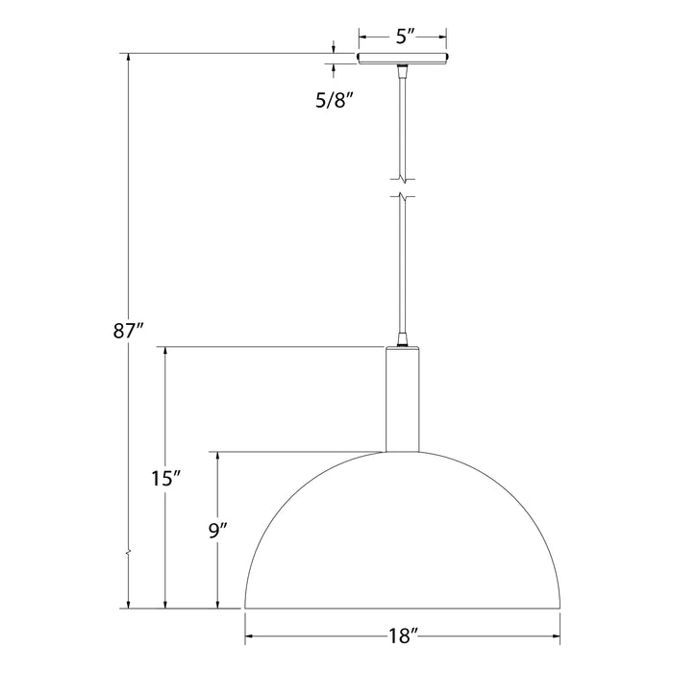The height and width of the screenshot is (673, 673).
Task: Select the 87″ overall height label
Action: (126, 333)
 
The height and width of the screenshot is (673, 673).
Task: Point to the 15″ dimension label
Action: (166, 478)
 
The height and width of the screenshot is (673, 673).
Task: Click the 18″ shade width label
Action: (403, 636)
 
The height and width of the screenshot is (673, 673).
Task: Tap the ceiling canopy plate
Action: (403, 59)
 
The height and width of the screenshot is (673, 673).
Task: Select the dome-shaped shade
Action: (403, 538)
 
